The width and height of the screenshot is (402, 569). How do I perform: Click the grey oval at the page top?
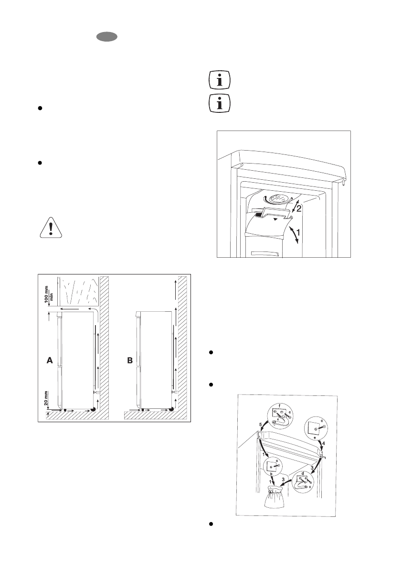coord(106,37)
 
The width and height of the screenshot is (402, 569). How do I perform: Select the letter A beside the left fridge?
coord(49,361)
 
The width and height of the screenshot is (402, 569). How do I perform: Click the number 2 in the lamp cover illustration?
coord(297,208)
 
